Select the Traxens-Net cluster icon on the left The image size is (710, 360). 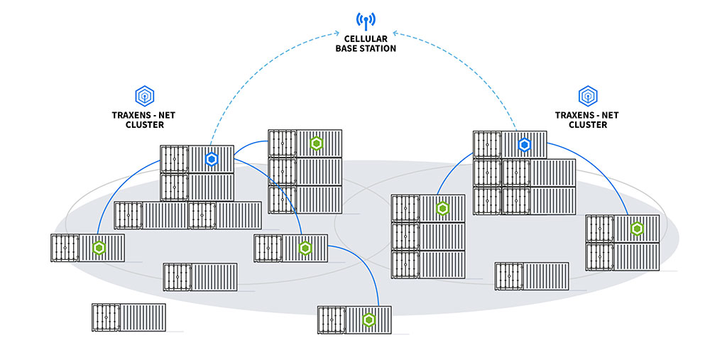[x=144, y=95]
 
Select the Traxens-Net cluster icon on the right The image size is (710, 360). [x=586, y=95]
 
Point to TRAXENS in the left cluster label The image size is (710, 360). [x=128, y=115]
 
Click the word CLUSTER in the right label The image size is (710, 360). [x=586, y=124]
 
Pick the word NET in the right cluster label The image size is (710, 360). [x=609, y=115]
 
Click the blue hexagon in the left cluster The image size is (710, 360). [x=211, y=159]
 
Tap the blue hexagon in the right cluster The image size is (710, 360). [x=524, y=145]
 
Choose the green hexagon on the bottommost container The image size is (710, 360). [x=368, y=320]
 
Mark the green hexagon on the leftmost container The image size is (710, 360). [x=99, y=248]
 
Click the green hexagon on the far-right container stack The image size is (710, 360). [x=637, y=229]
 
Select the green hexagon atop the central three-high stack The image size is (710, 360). [x=317, y=143]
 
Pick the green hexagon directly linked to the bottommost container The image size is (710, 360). [x=305, y=248]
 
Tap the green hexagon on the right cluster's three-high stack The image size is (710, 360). [x=442, y=208]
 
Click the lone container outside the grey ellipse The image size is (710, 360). [x=129, y=317]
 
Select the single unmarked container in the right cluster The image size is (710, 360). [x=532, y=276]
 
